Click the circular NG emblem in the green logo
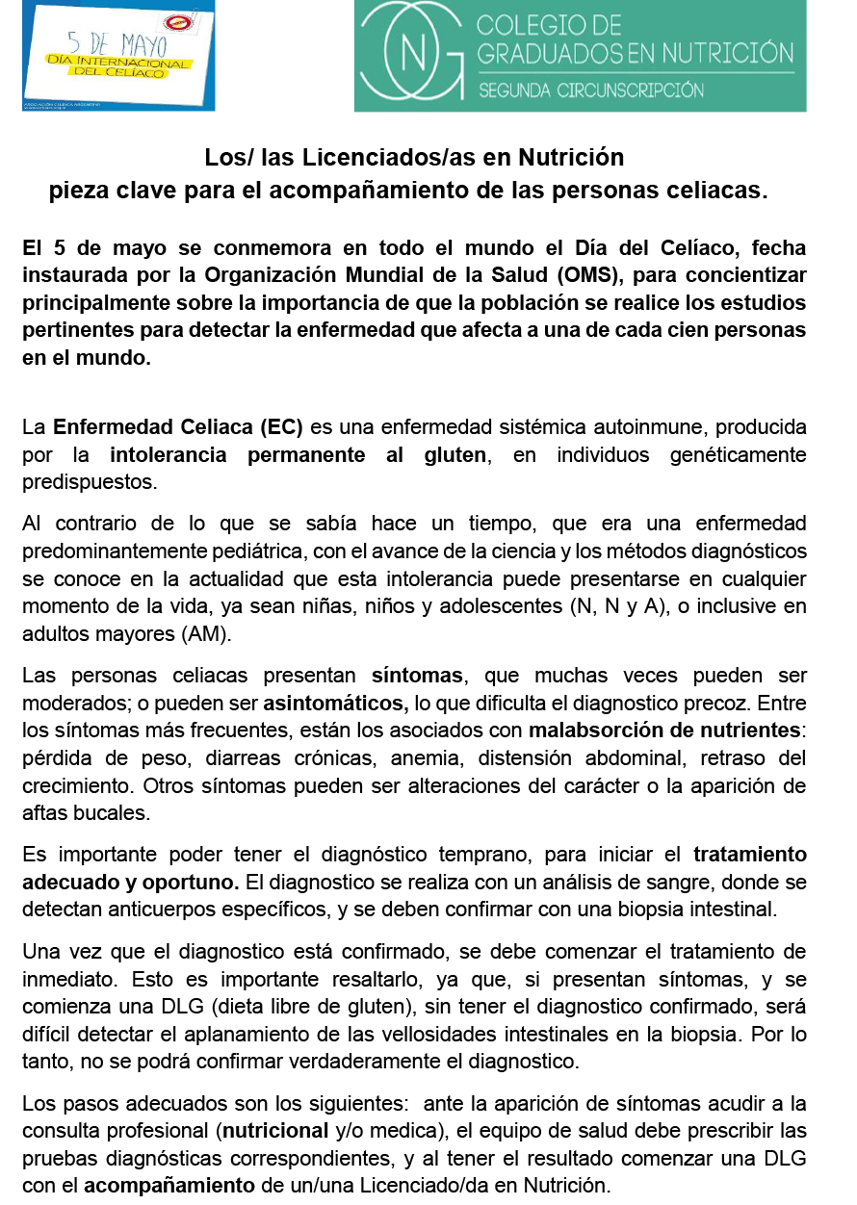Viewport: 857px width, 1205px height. pyautogui.click(x=416, y=55)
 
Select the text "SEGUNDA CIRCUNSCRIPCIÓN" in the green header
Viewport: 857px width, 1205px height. pyautogui.click(x=590, y=90)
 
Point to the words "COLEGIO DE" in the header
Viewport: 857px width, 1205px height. pyautogui.click(x=550, y=24)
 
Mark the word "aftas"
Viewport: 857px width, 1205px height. pyautogui.click(x=44, y=813)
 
